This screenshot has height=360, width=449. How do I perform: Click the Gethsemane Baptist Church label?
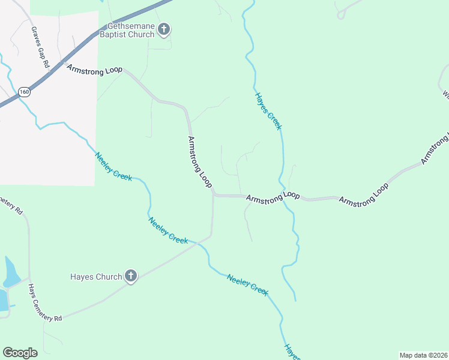[131, 30]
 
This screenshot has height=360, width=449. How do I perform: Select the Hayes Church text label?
[96, 277]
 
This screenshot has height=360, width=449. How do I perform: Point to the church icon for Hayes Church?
[131, 277]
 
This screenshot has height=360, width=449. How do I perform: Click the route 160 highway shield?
[24, 92]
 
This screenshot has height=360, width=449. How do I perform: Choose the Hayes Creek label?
[268, 111]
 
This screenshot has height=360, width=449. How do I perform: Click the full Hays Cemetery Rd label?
[45, 303]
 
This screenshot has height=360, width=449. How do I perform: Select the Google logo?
[20, 353]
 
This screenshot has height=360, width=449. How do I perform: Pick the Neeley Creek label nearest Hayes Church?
[168, 230]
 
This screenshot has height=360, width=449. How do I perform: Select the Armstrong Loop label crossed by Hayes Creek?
[273, 196]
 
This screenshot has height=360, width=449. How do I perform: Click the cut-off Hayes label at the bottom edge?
[292, 352]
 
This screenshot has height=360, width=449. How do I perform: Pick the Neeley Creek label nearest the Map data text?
[247, 284]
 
